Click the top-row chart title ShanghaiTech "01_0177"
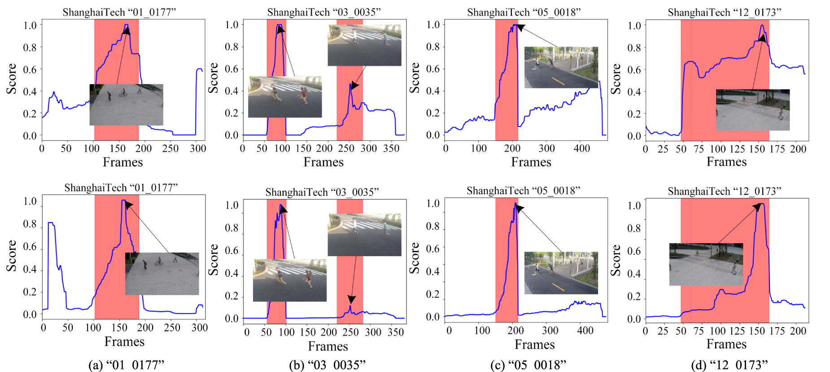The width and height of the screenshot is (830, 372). point(119,12)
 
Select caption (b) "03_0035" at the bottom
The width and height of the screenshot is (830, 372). point(327,365)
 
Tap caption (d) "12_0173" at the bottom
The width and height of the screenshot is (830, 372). point(729,365)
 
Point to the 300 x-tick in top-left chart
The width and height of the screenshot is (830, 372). point(197,149)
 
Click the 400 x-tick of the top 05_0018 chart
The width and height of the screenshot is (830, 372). point(581,148)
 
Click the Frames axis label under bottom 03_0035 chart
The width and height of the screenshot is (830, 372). point(328,346)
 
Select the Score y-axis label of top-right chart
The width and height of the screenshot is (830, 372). point(616,79)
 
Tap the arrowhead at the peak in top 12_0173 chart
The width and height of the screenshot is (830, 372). point(761,38)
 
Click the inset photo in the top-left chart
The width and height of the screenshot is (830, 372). point(126,105)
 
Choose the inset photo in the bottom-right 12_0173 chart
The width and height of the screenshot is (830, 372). point(706,264)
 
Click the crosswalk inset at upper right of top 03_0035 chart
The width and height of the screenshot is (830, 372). point(364,45)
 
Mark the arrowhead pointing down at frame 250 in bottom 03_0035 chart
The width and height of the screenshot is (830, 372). point(351,299)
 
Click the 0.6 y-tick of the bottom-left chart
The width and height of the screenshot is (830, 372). point(30,247)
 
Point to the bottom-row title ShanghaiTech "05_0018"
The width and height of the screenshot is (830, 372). point(523,191)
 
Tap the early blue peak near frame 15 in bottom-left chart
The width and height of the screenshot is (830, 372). point(51,223)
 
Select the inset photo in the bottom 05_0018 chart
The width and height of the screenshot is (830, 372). point(561,273)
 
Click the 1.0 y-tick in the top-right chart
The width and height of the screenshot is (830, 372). point(634,25)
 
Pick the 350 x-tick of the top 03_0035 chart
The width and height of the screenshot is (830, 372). point(391,149)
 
